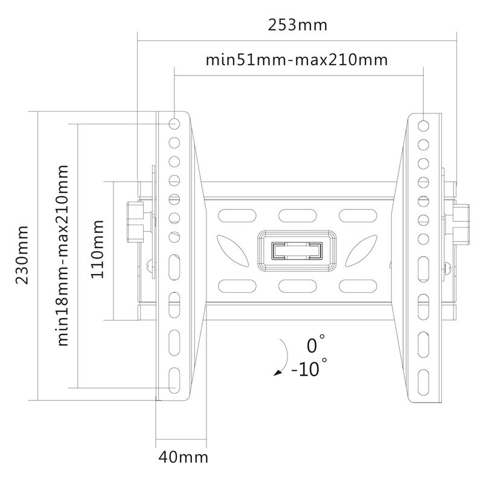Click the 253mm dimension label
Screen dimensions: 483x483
(297, 25)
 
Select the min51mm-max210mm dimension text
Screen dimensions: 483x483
(296, 60)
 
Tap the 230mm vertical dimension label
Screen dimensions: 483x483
(22, 255)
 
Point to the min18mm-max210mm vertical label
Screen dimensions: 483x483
(63, 255)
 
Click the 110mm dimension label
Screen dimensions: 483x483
(97, 249)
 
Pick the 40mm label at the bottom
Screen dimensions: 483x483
(184, 458)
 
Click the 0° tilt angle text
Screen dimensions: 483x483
(315, 344)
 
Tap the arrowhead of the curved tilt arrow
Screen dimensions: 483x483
(278, 373)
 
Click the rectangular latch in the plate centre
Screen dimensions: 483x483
(296, 251)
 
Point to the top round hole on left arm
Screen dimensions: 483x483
(174, 124)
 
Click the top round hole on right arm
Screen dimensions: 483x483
(424, 126)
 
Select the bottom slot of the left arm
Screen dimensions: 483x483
(174, 380)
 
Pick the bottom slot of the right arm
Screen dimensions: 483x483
(424, 382)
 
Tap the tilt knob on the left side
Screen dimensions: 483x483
(135, 222)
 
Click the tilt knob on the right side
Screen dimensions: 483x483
(461, 223)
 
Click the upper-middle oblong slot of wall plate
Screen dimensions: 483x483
(297, 216)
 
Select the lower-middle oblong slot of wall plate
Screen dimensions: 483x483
(297, 286)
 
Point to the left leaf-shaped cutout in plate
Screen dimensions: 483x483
(233, 251)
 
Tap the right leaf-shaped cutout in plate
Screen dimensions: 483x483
(361, 251)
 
